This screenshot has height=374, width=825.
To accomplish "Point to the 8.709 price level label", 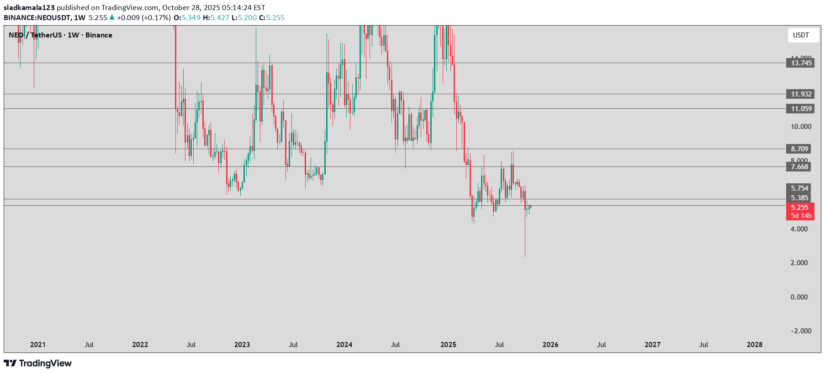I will [x=800, y=149].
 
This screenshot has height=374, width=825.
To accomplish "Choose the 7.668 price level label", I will [x=800, y=167].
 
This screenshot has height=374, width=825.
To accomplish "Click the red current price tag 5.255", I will [x=800, y=208].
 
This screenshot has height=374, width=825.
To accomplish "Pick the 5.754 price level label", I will [x=800, y=188].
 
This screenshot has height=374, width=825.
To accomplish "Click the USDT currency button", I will [x=801, y=35].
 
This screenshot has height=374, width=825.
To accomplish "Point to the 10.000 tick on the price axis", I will [x=801, y=127].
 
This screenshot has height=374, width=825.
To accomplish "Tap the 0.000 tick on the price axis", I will [x=799, y=297].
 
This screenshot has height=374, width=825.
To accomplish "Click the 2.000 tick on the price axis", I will [x=799, y=263].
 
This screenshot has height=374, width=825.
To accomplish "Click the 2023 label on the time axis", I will [x=242, y=345].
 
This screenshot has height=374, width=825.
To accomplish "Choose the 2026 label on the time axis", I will [x=550, y=345].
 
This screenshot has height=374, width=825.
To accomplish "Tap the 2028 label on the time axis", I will [x=755, y=345].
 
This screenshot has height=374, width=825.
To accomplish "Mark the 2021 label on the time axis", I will [x=38, y=345].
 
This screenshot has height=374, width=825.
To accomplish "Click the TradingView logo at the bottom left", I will [x=38, y=363].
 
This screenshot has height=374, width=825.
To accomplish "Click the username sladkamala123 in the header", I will [x=29, y=8].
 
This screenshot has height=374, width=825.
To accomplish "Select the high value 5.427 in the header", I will [x=220, y=18].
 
